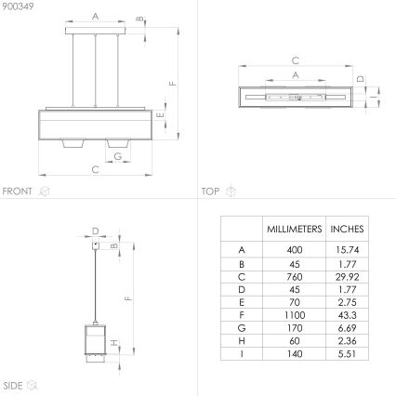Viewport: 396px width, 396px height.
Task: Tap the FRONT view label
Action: coord(18,191)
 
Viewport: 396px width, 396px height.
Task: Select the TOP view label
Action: coord(210,191)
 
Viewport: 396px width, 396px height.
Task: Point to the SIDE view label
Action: coord(13,384)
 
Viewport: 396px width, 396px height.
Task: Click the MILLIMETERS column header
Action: coord(294,229)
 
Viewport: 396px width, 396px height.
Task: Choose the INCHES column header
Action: coord(347,229)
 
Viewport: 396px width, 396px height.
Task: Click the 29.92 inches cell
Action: coord(347,276)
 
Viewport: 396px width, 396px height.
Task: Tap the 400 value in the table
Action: coord(294,249)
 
